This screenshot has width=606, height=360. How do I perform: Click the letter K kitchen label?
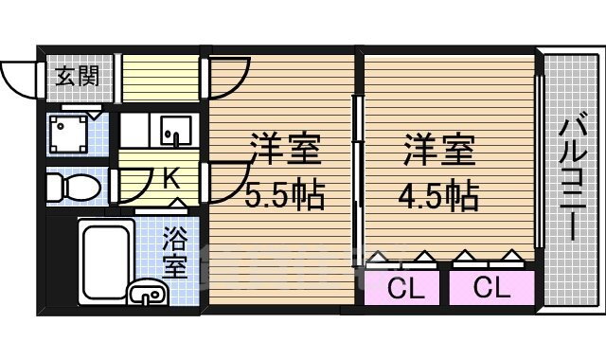tap(171, 177)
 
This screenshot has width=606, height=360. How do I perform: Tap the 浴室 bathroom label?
tap(174, 251)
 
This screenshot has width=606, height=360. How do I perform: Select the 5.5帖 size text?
tap(285, 196)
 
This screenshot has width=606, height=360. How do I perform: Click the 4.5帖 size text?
tap(437, 196)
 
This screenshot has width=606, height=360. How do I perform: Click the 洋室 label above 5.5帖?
tap(285, 150)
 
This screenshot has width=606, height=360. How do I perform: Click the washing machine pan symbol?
tap(69, 135)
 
